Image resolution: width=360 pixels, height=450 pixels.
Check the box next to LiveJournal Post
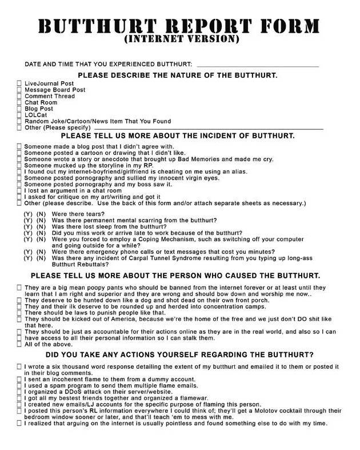tap(20, 83)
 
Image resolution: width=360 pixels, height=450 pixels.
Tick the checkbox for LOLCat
tap(20, 115)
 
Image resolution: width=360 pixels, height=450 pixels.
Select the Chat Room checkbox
tap(20, 102)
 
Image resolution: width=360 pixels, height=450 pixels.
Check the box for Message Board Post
tap(20, 90)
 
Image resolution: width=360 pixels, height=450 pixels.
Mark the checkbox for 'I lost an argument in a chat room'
tap(20, 190)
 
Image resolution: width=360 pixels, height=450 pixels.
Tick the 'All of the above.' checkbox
tap(20, 344)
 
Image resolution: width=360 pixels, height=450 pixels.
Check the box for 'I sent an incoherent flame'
tap(20, 379)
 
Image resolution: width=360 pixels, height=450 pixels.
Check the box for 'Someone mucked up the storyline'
tap(20, 165)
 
